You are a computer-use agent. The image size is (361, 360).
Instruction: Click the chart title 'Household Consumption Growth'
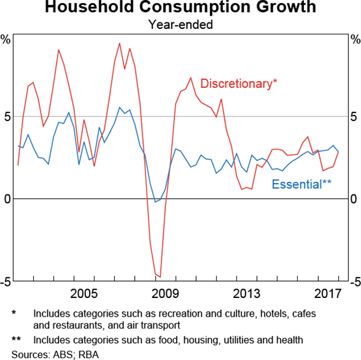(x=180, y=8)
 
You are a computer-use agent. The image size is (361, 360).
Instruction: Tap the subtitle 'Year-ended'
(x=180, y=25)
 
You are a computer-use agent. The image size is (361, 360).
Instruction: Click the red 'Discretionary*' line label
(x=239, y=84)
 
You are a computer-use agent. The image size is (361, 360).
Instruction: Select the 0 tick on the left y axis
(x=7, y=199)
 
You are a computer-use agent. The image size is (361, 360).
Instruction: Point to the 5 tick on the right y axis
(x=354, y=116)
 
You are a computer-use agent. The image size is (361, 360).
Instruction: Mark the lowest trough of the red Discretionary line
(x=160, y=277)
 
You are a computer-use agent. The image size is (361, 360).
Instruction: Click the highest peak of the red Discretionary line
(x=119, y=43)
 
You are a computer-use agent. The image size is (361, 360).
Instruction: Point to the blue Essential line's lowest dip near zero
(x=155, y=202)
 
